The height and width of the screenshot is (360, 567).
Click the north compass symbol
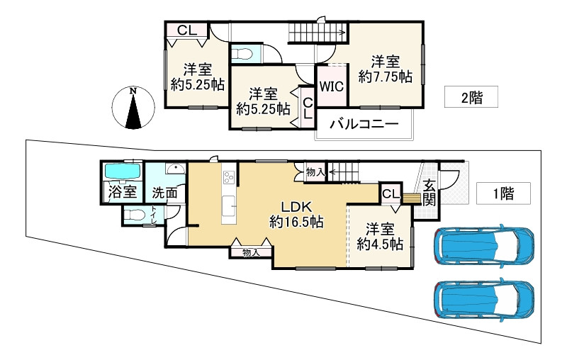[x=133, y=108]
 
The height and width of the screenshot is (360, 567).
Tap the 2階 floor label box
[x=471, y=98]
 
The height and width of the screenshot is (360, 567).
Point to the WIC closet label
[x=331, y=87]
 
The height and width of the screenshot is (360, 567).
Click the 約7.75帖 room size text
[x=386, y=76]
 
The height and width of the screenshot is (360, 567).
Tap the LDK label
[x=296, y=207]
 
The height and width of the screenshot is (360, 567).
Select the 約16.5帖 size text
[x=296, y=222]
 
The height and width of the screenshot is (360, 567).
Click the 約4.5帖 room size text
[x=381, y=244]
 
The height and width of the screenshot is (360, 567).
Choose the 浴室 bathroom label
[x=121, y=192]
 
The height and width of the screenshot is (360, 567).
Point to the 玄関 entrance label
[x=430, y=192]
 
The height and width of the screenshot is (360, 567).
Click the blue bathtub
[x=123, y=171]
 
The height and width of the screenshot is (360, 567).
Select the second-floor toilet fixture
[x=244, y=54]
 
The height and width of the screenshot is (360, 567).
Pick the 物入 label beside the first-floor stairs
[x=315, y=171]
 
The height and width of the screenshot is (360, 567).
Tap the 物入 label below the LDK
[x=251, y=252]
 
